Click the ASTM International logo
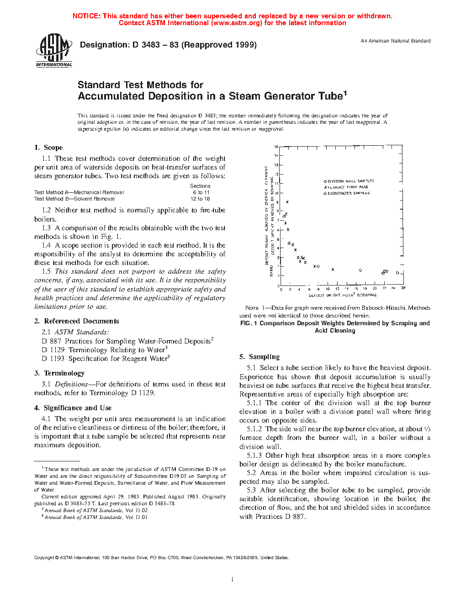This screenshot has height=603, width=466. pyautogui.click(x=54, y=51)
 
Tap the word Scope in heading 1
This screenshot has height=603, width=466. pyautogui.click(x=53, y=148)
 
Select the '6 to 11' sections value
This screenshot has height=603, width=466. pyautogui.click(x=201, y=192)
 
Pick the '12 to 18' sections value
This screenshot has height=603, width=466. pyautogui.click(x=200, y=199)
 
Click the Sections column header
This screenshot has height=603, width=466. pyautogui.click(x=200, y=186)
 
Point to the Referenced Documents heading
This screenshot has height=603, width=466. pyautogui.click(x=81, y=321)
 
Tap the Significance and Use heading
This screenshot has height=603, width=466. pyautogui.click(x=77, y=408)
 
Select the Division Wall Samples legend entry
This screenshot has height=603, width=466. pyautogui.click(x=349, y=181)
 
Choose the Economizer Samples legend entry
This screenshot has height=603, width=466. pyautogui.click(x=347, y=193)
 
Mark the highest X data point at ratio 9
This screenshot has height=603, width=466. pyautogui.click(x=287, y=202)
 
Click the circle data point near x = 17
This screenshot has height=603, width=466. pyautogui.click(x=360, y=270)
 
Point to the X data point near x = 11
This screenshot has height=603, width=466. pyautogui.click(x=333, y=270)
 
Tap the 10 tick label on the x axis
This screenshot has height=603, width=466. pyautogui.click(x=328, y=289)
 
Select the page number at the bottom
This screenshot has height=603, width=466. pyautogui.click(x=233, y=580)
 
